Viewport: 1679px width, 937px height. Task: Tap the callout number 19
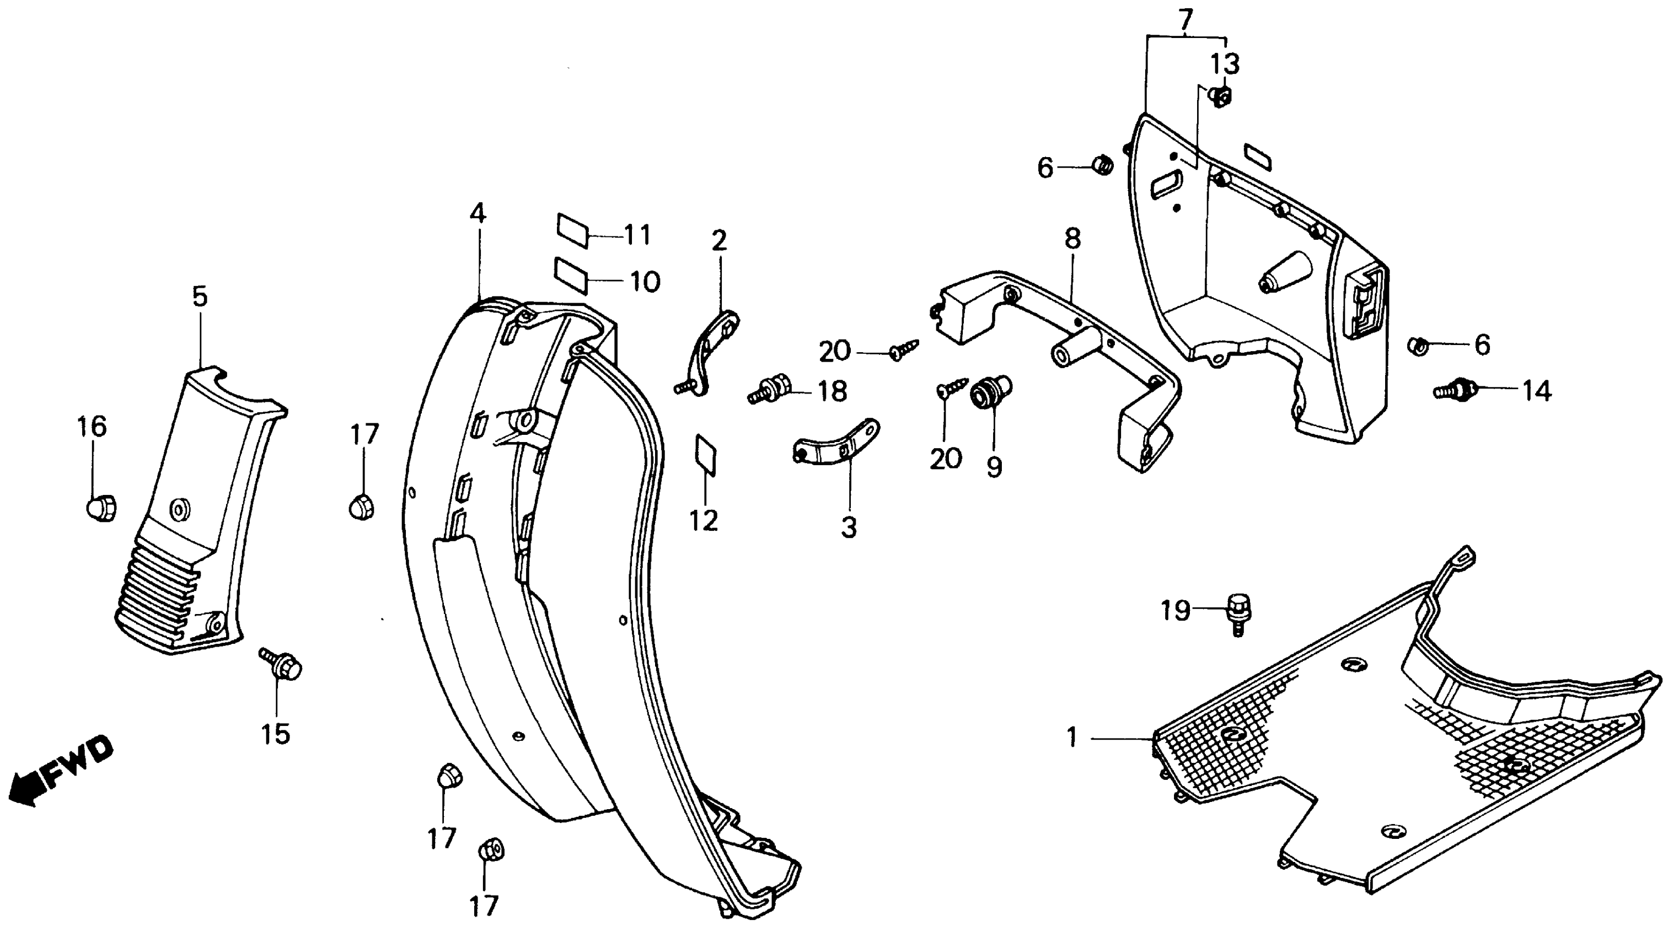click(x=1175, y=611)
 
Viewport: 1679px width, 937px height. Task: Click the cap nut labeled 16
click(x=101, y=507)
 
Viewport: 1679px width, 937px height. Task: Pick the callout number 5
click(x=200, y=297)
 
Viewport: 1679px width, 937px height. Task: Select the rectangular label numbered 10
click(x=571, y=276)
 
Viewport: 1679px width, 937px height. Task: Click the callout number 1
click(x=1072, y=737)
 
